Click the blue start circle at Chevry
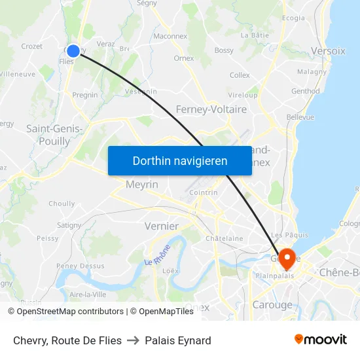[x=73, y=50]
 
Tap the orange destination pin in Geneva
[x=287, y=259]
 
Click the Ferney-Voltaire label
[x=211, y=109]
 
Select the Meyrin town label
[x=142, y=185]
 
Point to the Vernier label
[x=161, y=226]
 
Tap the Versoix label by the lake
[x=329, y=50]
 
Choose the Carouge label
[x=272, y=305]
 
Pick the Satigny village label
[x=68, y=225]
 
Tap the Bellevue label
[x=300, y=117]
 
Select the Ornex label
[x=183, y=58]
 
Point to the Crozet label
[x=31, y=46]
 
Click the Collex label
[x=240, y=75]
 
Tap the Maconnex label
[x=170, y=37]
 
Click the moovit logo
[x=320, y=340]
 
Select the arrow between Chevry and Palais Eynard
[x=134, y=340]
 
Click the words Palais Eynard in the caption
[x=178, y=340]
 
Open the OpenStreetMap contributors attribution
[x=70, y=312]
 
